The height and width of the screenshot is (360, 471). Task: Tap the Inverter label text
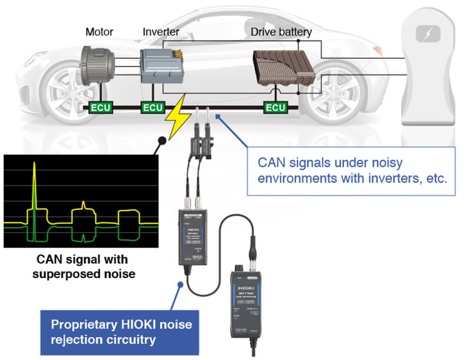[x=160, y=31]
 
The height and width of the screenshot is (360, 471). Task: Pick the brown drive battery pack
[x=284, y=71]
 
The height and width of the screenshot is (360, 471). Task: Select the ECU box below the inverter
[x=154, y=108]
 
